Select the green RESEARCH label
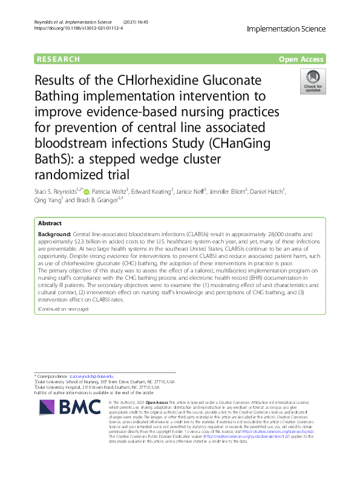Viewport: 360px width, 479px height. (x=58, y=59)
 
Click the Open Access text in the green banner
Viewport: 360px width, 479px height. (x=301, y=59)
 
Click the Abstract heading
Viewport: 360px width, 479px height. (x=51, y=223)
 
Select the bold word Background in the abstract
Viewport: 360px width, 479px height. (x=54, y=233)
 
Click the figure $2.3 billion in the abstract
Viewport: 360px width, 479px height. (x=83, y=240)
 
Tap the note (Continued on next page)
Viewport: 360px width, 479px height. (x=63, y=309)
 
